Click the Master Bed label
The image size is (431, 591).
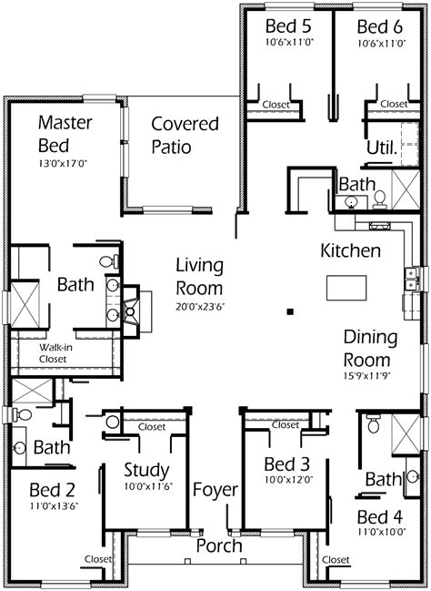point(61,133)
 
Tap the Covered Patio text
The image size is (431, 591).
point(185,135)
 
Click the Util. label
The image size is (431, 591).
point(379,147)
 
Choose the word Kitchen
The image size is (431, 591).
point(350,250)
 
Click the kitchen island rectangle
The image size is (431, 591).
point(347,288)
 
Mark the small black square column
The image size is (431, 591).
point(288,311)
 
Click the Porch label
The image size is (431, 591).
point(219,546)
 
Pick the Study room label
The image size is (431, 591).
point(145,470)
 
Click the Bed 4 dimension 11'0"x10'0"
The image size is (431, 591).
point(381,534)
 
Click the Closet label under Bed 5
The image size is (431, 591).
point(276,105)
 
